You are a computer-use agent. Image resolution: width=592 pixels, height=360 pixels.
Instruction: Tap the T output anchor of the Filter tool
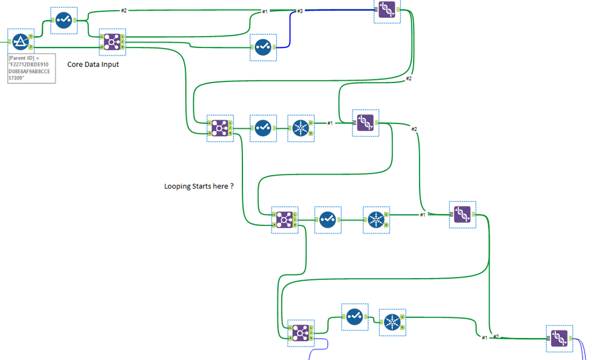[30, 37]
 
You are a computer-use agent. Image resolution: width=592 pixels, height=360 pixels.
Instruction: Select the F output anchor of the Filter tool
[30, 46]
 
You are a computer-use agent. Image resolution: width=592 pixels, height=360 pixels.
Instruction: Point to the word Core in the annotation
[75, 64]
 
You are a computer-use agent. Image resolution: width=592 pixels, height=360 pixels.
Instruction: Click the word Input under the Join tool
[108, 64]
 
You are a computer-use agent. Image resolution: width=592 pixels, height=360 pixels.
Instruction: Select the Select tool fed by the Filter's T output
[63, 20]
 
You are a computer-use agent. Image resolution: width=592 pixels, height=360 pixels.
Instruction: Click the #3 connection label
[300, 11]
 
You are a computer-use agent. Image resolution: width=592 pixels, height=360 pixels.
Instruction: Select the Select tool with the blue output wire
[263, 47]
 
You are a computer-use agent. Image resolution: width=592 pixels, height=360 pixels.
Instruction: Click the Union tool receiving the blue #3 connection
[387, 10]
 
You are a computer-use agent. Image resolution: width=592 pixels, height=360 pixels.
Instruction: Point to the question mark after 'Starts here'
[232, 186]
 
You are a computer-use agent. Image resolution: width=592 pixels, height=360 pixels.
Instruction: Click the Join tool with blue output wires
[300, 334]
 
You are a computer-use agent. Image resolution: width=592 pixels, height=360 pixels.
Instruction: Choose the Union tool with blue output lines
[559, 338]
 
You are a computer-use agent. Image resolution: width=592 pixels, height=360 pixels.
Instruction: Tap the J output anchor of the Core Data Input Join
[123, 42]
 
